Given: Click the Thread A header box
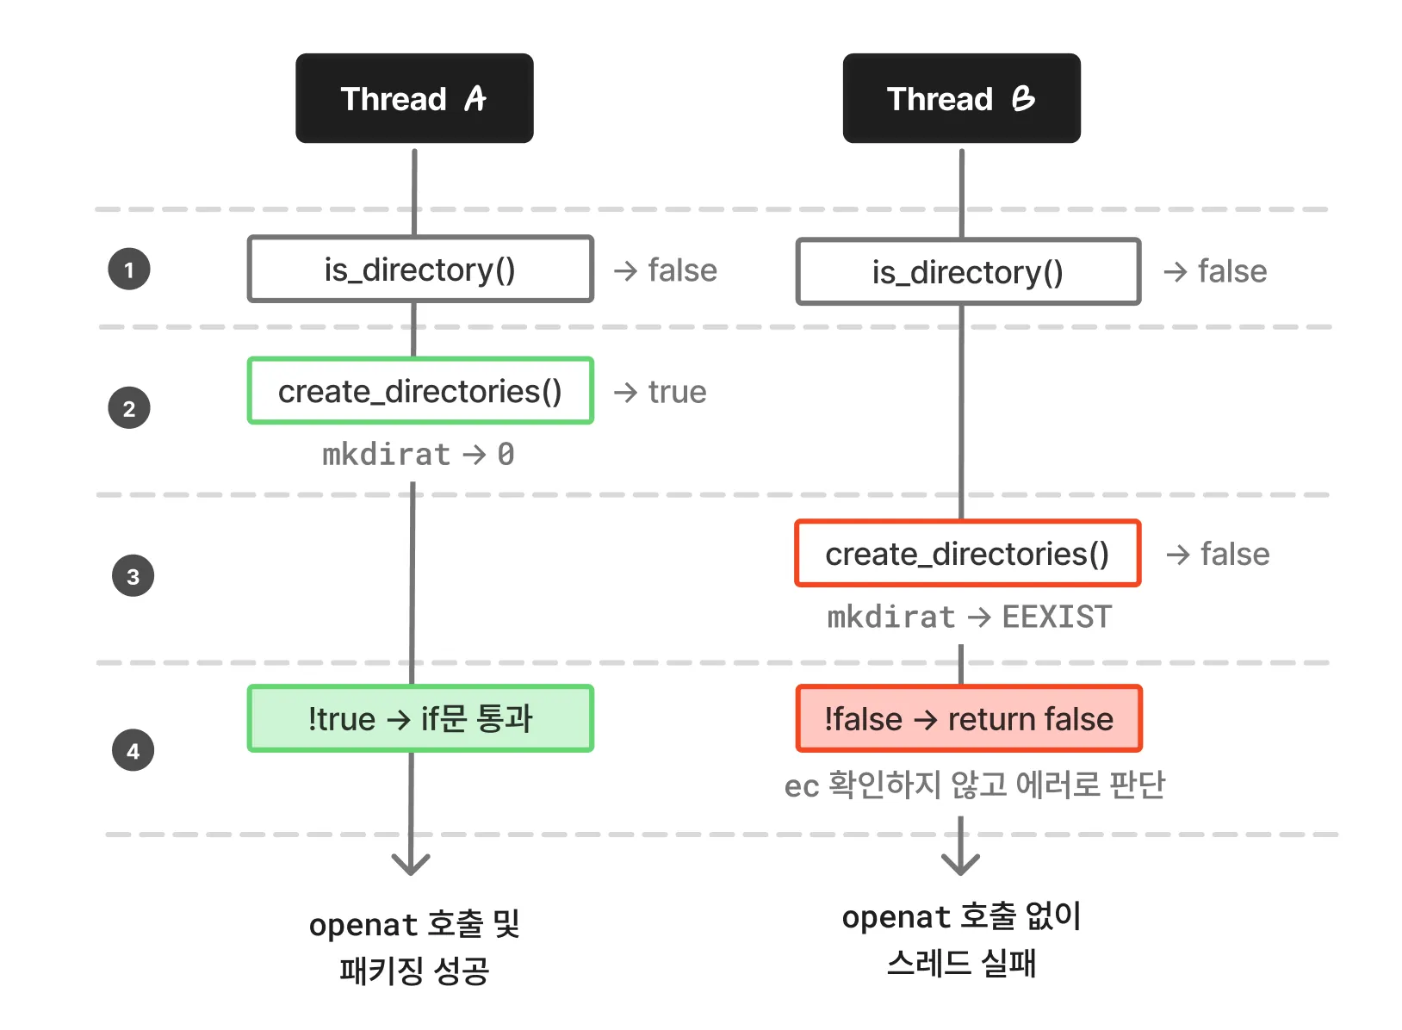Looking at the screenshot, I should (414, 98).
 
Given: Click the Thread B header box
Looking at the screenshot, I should (961, 98).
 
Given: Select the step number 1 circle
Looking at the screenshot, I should (129, 270).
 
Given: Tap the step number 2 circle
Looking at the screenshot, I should (129, 408).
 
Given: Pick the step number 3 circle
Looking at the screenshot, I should (133, 576).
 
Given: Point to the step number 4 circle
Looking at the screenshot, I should (133, 750).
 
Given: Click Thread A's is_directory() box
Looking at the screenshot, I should (420, 270).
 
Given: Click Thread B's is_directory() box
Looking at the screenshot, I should (968, 272).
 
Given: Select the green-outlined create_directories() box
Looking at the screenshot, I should (420, 391).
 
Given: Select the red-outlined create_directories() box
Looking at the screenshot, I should (968, 554).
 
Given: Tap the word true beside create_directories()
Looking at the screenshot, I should (677, 392).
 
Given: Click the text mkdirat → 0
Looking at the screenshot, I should (419, 454).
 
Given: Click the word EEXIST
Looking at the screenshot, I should (1057, 617).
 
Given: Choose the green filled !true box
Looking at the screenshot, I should (420, 718).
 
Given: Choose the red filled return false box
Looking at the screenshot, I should (969, 718).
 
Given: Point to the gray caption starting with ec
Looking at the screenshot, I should (974, 785).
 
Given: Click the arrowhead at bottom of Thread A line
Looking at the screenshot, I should (411, 864).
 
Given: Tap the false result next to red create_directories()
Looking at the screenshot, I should (1234, 554).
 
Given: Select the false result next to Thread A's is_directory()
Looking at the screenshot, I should (682, 270).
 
